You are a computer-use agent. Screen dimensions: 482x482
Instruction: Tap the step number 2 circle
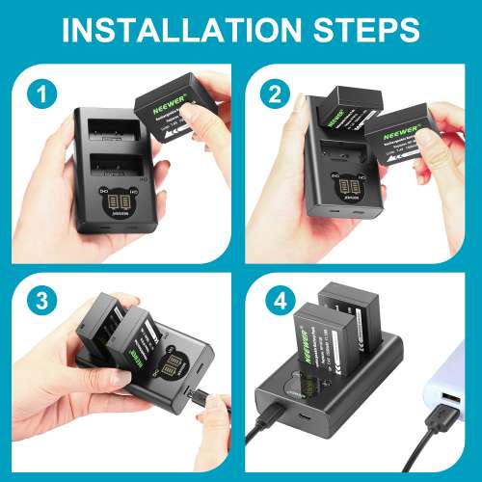277,94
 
